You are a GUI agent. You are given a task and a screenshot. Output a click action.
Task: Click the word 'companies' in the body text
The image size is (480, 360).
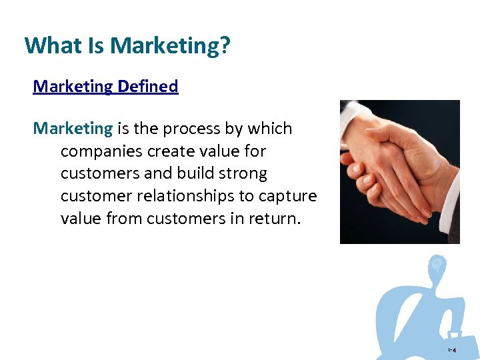[x=98, y=151]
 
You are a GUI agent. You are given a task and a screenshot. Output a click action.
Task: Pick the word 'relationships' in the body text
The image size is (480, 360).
[x=194, y=196]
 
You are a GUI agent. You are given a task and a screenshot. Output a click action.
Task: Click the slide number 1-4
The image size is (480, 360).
[x=451, y=350]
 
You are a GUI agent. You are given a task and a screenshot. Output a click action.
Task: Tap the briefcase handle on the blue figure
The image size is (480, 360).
[x=455, y=333]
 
